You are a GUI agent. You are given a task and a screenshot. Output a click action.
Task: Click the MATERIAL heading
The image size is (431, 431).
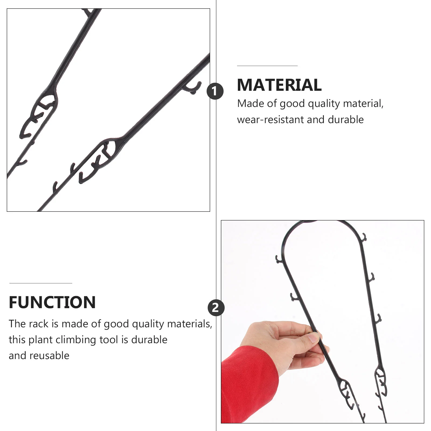[x=279, y=85]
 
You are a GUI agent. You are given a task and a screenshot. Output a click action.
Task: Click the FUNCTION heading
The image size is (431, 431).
[x=52, y=302]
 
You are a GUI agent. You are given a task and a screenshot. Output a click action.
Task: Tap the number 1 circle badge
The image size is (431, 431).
[x=215, y=91]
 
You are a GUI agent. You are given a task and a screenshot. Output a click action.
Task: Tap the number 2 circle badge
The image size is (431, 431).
[x=216, y=308]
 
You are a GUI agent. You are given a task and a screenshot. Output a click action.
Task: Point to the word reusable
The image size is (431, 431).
[x=49, y=356]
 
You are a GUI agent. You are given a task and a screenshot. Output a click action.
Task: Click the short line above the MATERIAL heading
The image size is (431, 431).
[x=267, y=66]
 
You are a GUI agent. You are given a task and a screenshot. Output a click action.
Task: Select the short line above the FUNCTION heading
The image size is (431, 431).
[x=41, y=283]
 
